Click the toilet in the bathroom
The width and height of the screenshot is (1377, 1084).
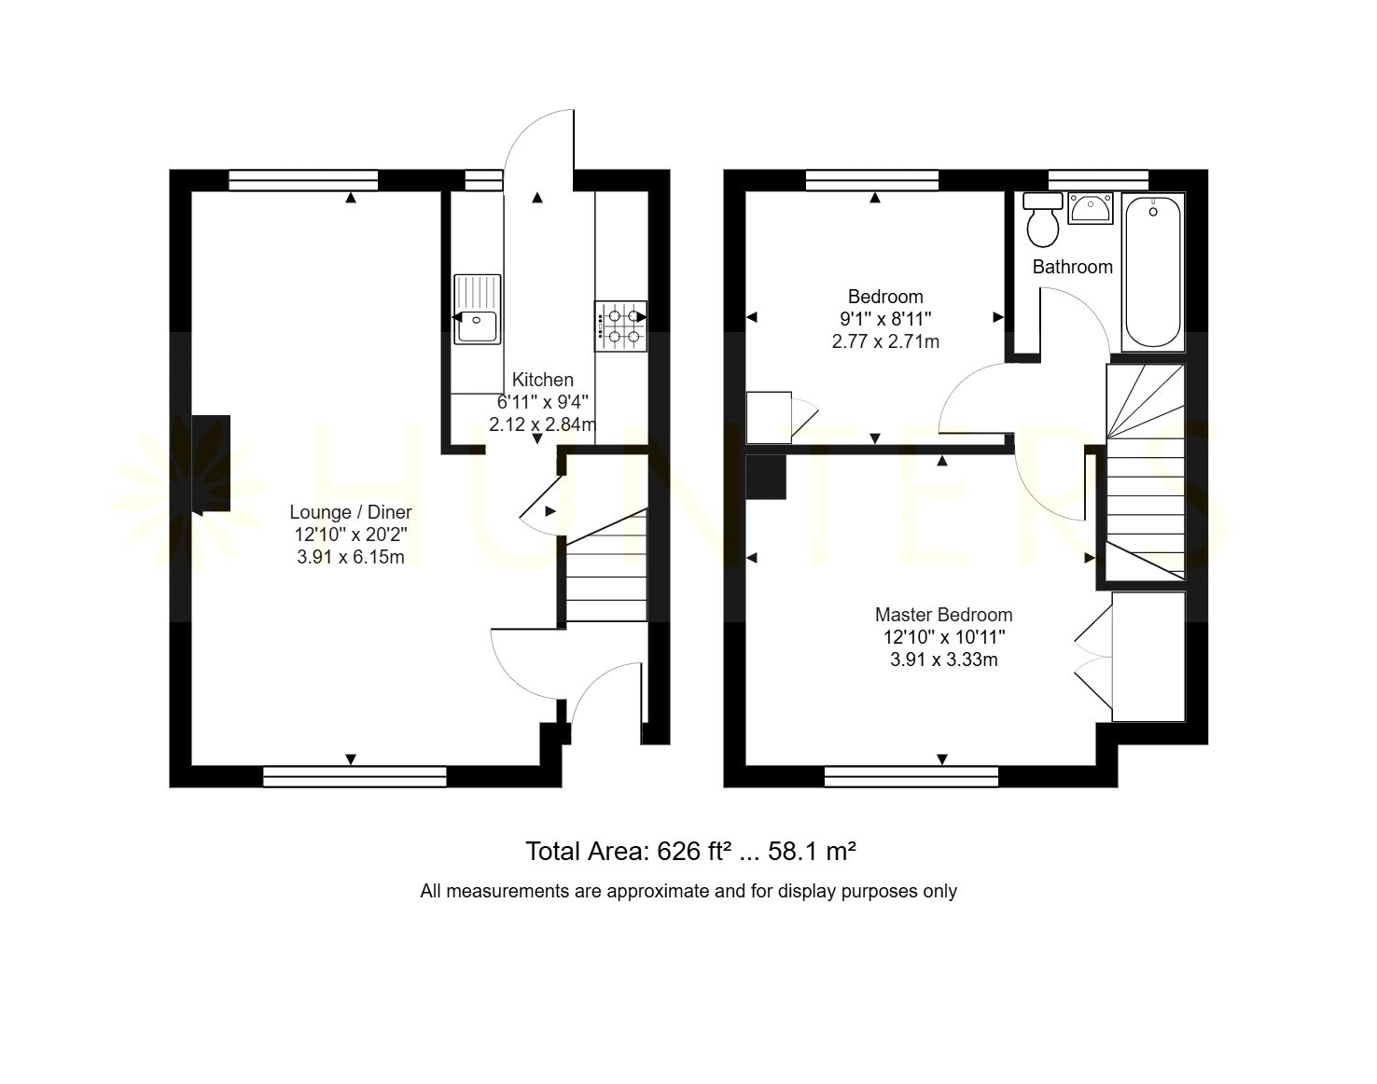(1043, 219)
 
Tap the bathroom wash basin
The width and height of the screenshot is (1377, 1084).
(1091, 209)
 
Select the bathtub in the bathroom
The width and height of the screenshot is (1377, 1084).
(1153, 272)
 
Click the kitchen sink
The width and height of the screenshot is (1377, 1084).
(478, 309)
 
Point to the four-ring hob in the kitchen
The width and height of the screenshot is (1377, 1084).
(620, 326)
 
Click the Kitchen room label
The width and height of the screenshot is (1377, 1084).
(543, 380)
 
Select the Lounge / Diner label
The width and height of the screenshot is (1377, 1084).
(351, 512)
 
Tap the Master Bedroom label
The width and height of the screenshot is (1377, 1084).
(944, 615)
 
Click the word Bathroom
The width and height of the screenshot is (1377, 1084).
(1073, 267)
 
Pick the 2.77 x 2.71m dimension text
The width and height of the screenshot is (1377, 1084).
(885, 341)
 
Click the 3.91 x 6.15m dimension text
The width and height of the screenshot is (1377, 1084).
(351, 557)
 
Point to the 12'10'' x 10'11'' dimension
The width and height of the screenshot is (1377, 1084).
(944, 637)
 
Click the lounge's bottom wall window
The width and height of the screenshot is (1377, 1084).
(355, 776)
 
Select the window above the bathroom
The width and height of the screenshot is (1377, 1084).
(1098, 180)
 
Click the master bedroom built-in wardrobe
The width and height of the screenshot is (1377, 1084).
(1148, 657)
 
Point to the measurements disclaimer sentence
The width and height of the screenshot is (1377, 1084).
(688, 892)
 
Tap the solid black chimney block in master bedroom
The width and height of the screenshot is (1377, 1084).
(766, 477)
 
